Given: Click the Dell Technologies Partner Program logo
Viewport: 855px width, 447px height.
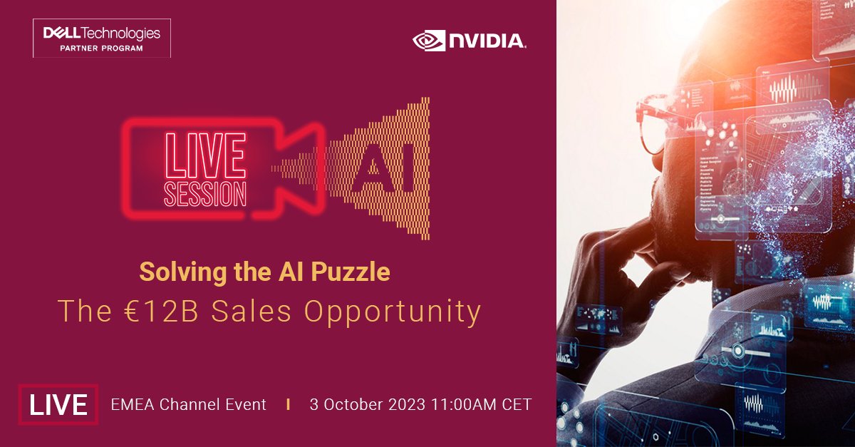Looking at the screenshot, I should [x=101, y=38].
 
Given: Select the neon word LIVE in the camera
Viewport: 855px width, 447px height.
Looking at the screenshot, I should [x=205, y=153].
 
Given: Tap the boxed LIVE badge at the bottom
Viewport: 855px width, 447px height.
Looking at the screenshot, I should [x=58, y=404].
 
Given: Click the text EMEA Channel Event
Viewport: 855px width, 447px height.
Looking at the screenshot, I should [x=188, y=404].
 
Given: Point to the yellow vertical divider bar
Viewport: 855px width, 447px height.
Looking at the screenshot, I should [x=288, y=404].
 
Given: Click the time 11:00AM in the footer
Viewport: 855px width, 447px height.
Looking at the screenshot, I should [x=465, y=404].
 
